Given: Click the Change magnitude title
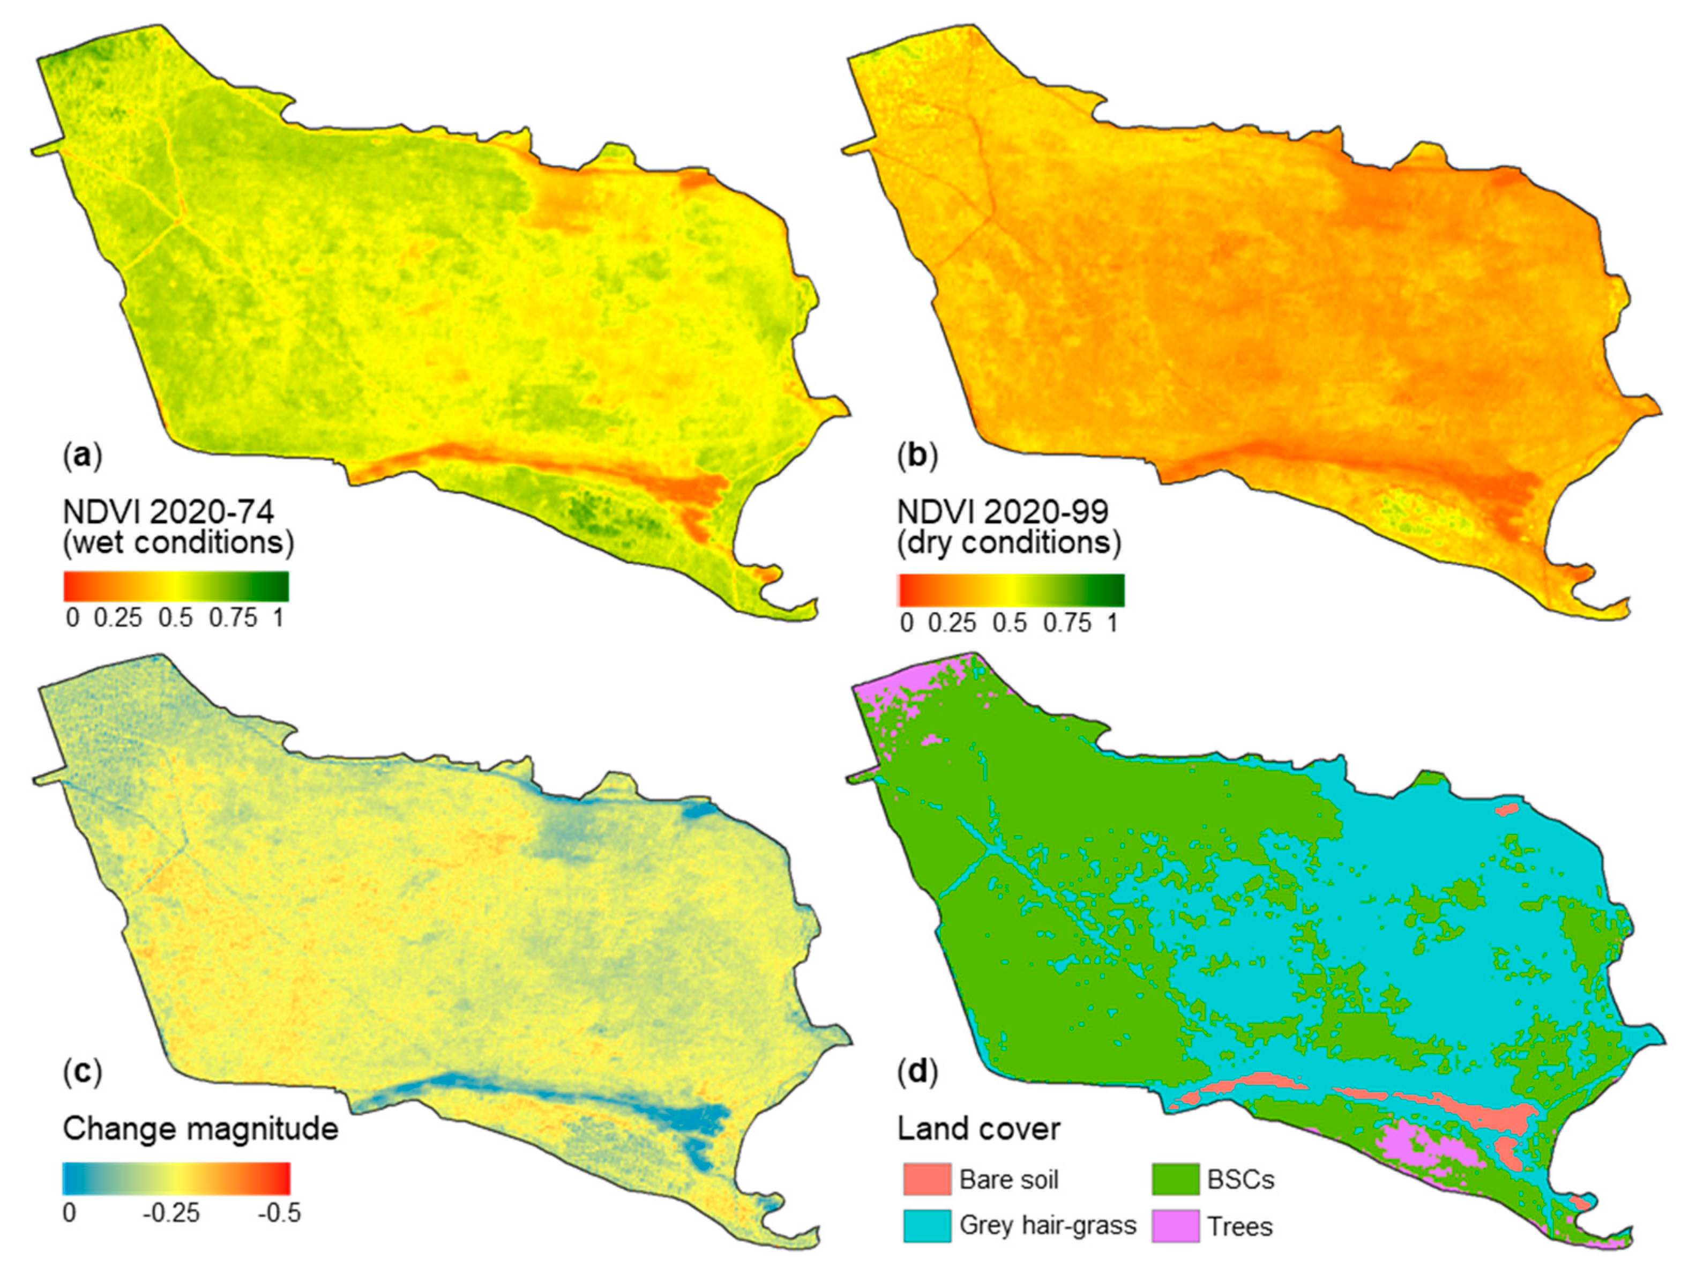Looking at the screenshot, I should pyautogui.click(x=200, y=1128).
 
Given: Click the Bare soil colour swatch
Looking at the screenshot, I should pyautogui.click(x=926, y=1180).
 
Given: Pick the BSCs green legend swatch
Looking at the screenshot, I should pyautogui.click(x=1175, y=1180).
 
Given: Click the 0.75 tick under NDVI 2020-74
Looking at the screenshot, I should pyautogui.click(x=233, y=617).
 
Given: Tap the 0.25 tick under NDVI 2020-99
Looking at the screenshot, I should pyautogui.click(x=952, y=623).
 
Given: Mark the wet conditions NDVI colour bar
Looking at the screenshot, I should pyautogui.click(x=176, y=586).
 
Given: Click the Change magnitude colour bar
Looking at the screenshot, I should pyautogui.click(x=176, y=1178).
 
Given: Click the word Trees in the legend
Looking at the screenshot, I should pyautogui.click(x=1240, y=1227).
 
